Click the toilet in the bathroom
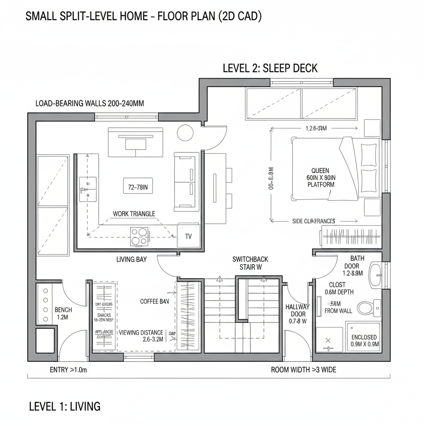pyautogui.click(x=366, y=307)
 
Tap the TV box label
pyautogui.click(x=188, y=236)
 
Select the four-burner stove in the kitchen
pyautogui.click(x=140, y=236)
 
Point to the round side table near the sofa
pyautogui.click(x=185, y=132)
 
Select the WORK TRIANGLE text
pyautogui.click(x=134, y=214)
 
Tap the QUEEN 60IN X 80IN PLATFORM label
pyautogui.click(x=320, y=177)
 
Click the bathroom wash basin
pyautogui.click(x=376, y=275)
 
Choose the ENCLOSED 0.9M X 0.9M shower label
pyautogui.click(x=364, y=340)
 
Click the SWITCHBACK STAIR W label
pyautogui.click(x=250, y=263)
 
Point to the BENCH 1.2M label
pyautogui.click(x=63, y=313)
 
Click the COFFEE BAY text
pyautogui.click(x=154, y=301)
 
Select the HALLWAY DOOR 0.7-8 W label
pyautogui.click(x=298, y=313)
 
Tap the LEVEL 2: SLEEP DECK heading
pyautogui.click(x=270, y=68)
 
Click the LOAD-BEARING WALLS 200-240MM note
pyautogui.click(x=90, y=104)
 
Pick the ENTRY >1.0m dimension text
pyautogui.click(x=68, y=370)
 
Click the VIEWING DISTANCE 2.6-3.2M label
pyautogui.click(x=141, y=336)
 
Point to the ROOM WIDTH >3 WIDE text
pyautogui.click(x=304, y=370)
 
